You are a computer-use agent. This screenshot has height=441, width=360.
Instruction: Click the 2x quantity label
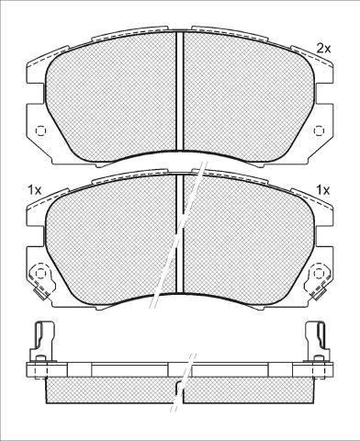click(323, 49)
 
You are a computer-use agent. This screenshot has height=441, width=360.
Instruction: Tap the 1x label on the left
click(35, 190)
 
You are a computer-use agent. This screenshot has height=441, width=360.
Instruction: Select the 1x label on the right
click(323, 190)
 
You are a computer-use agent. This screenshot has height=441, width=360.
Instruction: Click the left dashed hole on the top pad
click(40, 130)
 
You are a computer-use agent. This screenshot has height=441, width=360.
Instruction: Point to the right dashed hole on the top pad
click(319, 130)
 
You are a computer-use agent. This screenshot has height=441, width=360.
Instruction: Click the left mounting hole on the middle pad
click(40, 273)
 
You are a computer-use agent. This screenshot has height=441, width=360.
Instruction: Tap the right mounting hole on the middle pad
click(319, 273)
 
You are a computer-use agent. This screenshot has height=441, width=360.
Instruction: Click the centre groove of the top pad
click(180, 91)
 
